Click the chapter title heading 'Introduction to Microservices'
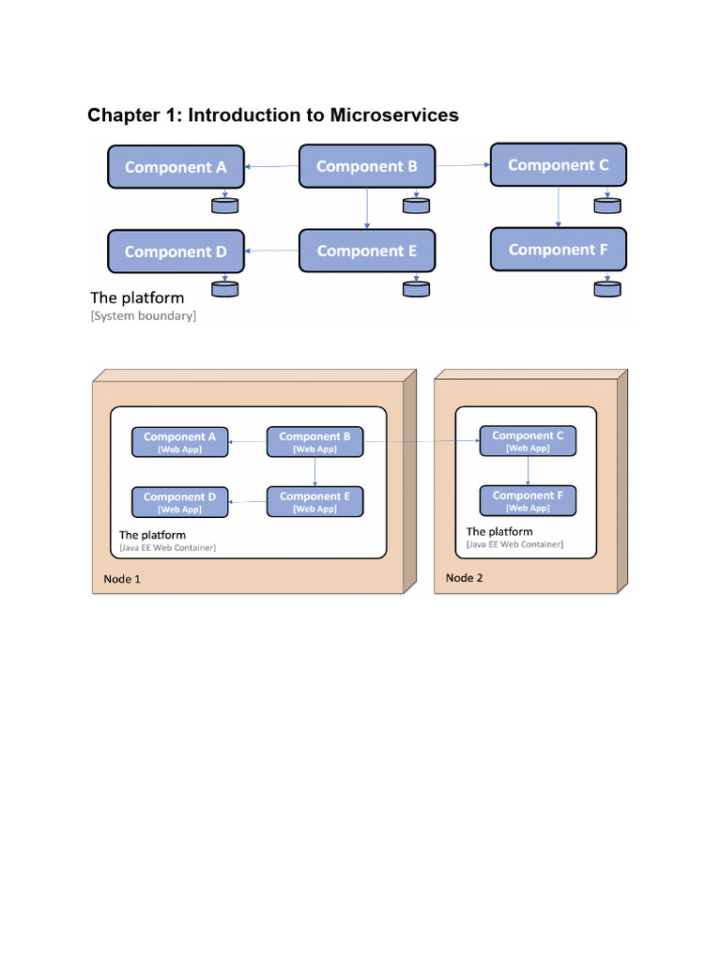point(272,115)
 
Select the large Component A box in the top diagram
point(176,167)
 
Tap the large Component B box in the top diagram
point(367,166)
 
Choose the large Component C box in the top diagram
point(559,165)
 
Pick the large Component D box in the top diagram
point(176,252)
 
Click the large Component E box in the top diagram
point(367,251)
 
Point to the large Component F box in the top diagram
point(559,250)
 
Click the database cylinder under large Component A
point(225,205)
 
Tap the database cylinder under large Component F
point(607,288)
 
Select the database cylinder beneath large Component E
point(416,289)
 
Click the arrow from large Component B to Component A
point(272,167)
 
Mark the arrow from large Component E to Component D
point(272,251)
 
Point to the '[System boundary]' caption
point(144,317)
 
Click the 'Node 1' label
point(122,579)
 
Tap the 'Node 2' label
point(464,578)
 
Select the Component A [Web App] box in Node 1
point(180,442)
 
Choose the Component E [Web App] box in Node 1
point(314,502)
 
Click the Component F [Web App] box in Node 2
point(528,501)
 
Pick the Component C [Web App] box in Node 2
point(528,441)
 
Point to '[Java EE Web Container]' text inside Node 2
point(514,544)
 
